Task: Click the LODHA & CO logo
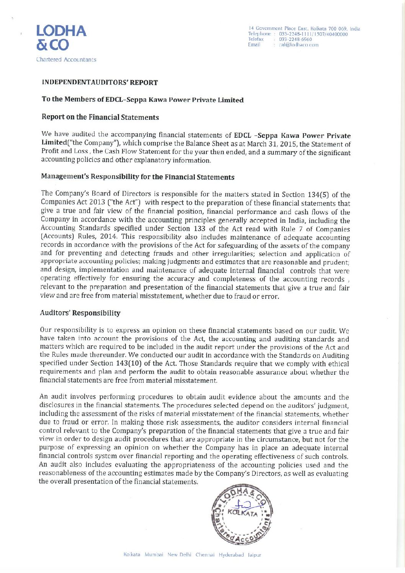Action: click(x=61, y=38)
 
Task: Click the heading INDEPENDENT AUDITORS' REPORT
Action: click(x=100, y=83)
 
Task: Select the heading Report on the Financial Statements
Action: click(x=100, y=117)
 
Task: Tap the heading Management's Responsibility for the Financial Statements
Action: click(x=137, y=177)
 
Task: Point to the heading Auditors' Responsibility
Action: click(x=80, y=313)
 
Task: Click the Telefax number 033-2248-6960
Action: click(x=295, y=39)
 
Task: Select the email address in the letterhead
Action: click(x=299, y=45)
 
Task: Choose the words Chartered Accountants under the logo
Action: click(x=66, y=60)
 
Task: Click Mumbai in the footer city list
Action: click(x=154, y=555)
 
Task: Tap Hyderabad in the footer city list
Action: click(x=231, y=555)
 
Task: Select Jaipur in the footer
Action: click(x=254, y=555)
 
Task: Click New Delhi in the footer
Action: click(x=179, y=555)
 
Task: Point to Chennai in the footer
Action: click(x=205, y=555)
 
